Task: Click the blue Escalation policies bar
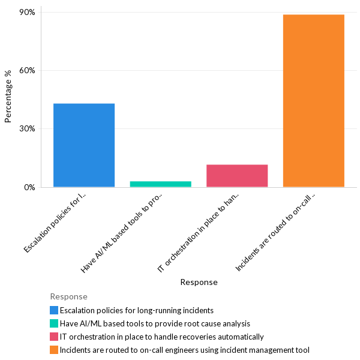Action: [x=84, y=145]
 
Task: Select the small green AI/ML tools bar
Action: [x=160, y=184]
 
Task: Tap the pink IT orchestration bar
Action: [x=237, y=176]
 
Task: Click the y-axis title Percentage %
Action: [x=8, y=96]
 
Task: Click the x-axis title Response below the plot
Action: [x=199, y=282]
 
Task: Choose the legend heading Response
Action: [x=68, y=296]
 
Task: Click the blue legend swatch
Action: [x=54, y=310]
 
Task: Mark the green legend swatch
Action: [x=54, y=323]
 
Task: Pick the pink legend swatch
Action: [x=54, y=337]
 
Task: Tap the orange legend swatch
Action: [x=54, y=350]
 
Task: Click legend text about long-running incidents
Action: [x=137, y=310]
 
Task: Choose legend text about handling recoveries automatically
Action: [x=162, y=337]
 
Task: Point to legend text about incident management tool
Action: [x=185, y=350]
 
